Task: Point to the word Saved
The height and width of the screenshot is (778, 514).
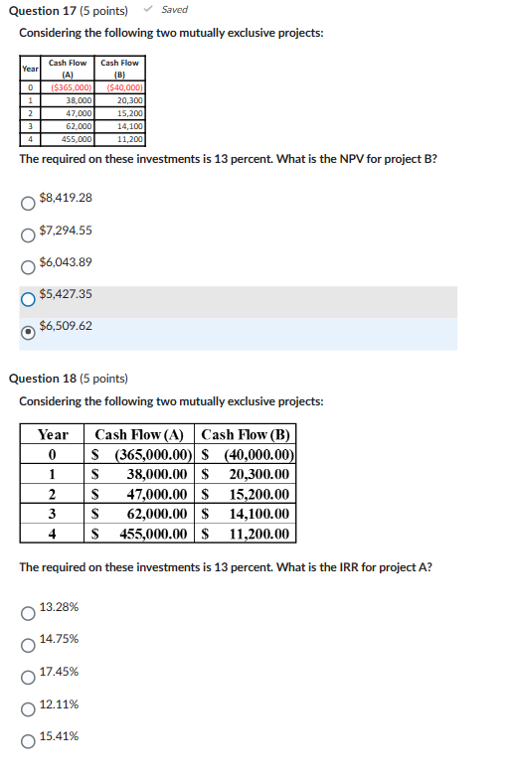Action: click(174, 10)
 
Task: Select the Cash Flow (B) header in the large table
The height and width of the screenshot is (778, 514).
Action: click(246, 434)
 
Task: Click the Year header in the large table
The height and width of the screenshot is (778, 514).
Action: click(53, 434)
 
